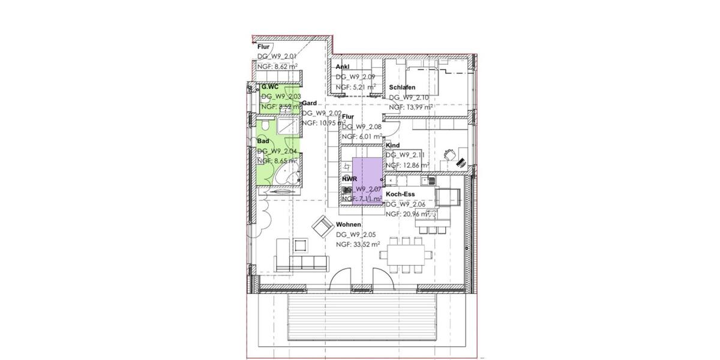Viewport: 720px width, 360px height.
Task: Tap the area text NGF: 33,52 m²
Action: coord(358,244)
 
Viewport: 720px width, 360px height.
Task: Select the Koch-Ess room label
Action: coord(401,194)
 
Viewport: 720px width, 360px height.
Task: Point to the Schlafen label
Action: coord(402,88)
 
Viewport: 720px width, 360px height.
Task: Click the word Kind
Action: coord(393,146)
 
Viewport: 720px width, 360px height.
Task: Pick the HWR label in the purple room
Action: coord(350,179)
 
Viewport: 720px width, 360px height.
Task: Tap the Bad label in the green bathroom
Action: coord(263,141)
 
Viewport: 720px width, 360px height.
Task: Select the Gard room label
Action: coord(309,103)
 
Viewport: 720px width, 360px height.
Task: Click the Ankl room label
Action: coord(343,67)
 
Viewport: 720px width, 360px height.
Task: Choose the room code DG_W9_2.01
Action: coord(277,56)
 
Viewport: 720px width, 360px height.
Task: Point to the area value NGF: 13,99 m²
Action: coord(411,107)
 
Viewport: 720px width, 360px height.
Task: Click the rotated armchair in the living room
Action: coord(322,226)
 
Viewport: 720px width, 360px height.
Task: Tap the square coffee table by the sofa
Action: coord(300,244)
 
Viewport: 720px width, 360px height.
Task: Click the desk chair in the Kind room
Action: coord(448,155)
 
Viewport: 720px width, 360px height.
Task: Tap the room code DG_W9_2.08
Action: coord(362,127)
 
